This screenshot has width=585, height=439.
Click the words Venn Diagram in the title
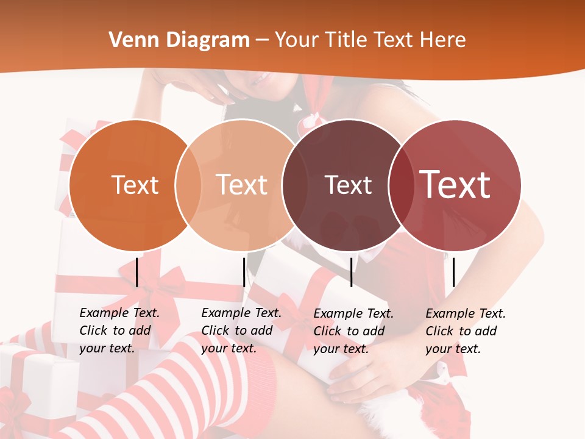(x=179, y=40)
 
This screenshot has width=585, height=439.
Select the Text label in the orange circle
(x=135, y=185)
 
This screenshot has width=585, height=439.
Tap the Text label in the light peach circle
(x=241, y=185)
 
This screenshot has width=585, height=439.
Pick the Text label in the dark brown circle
(x=348, y=185)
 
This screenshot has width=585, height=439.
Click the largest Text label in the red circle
(x=455, y=185)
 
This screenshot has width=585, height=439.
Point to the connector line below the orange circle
(x=137, y=272)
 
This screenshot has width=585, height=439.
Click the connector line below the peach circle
(x=244, y=272)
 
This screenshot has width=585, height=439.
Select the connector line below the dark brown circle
(x=351, y=272)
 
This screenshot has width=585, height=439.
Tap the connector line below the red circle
(x=453, y=272)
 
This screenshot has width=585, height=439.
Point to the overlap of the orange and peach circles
(x=188, y=185)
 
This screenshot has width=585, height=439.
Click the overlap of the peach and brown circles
(x=294, y=185)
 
